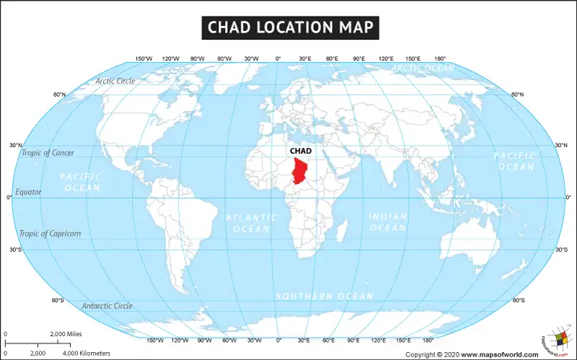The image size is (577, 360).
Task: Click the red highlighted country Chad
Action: click(x=295, y=170)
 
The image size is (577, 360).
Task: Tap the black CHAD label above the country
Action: click(x=299, y=151)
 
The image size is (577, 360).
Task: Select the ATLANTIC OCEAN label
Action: click(x=251, y=223)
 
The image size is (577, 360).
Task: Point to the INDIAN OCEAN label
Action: click(x=388, y=222)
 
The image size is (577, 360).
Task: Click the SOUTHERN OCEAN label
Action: click(x=325, y=297)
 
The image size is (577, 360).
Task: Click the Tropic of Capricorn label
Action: click(x=50, y=234)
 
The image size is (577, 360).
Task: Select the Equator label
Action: click(x=29, y=193)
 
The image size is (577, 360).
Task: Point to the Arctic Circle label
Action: click(x=115, y=81)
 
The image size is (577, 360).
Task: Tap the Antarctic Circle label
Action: click(x=107, y=306)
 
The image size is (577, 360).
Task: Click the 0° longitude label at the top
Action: click(x=278, y=58)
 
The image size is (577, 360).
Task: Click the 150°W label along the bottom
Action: click(x=154, y=340)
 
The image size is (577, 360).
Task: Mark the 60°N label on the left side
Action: click(x=59, y=95)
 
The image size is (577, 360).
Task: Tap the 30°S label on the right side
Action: click(x=562, y=250)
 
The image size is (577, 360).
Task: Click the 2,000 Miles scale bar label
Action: click(x=66, y=335)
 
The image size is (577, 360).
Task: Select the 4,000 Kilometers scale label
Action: click(x=87, y=354)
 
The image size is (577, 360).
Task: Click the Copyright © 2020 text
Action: click(x=432, y=354)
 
